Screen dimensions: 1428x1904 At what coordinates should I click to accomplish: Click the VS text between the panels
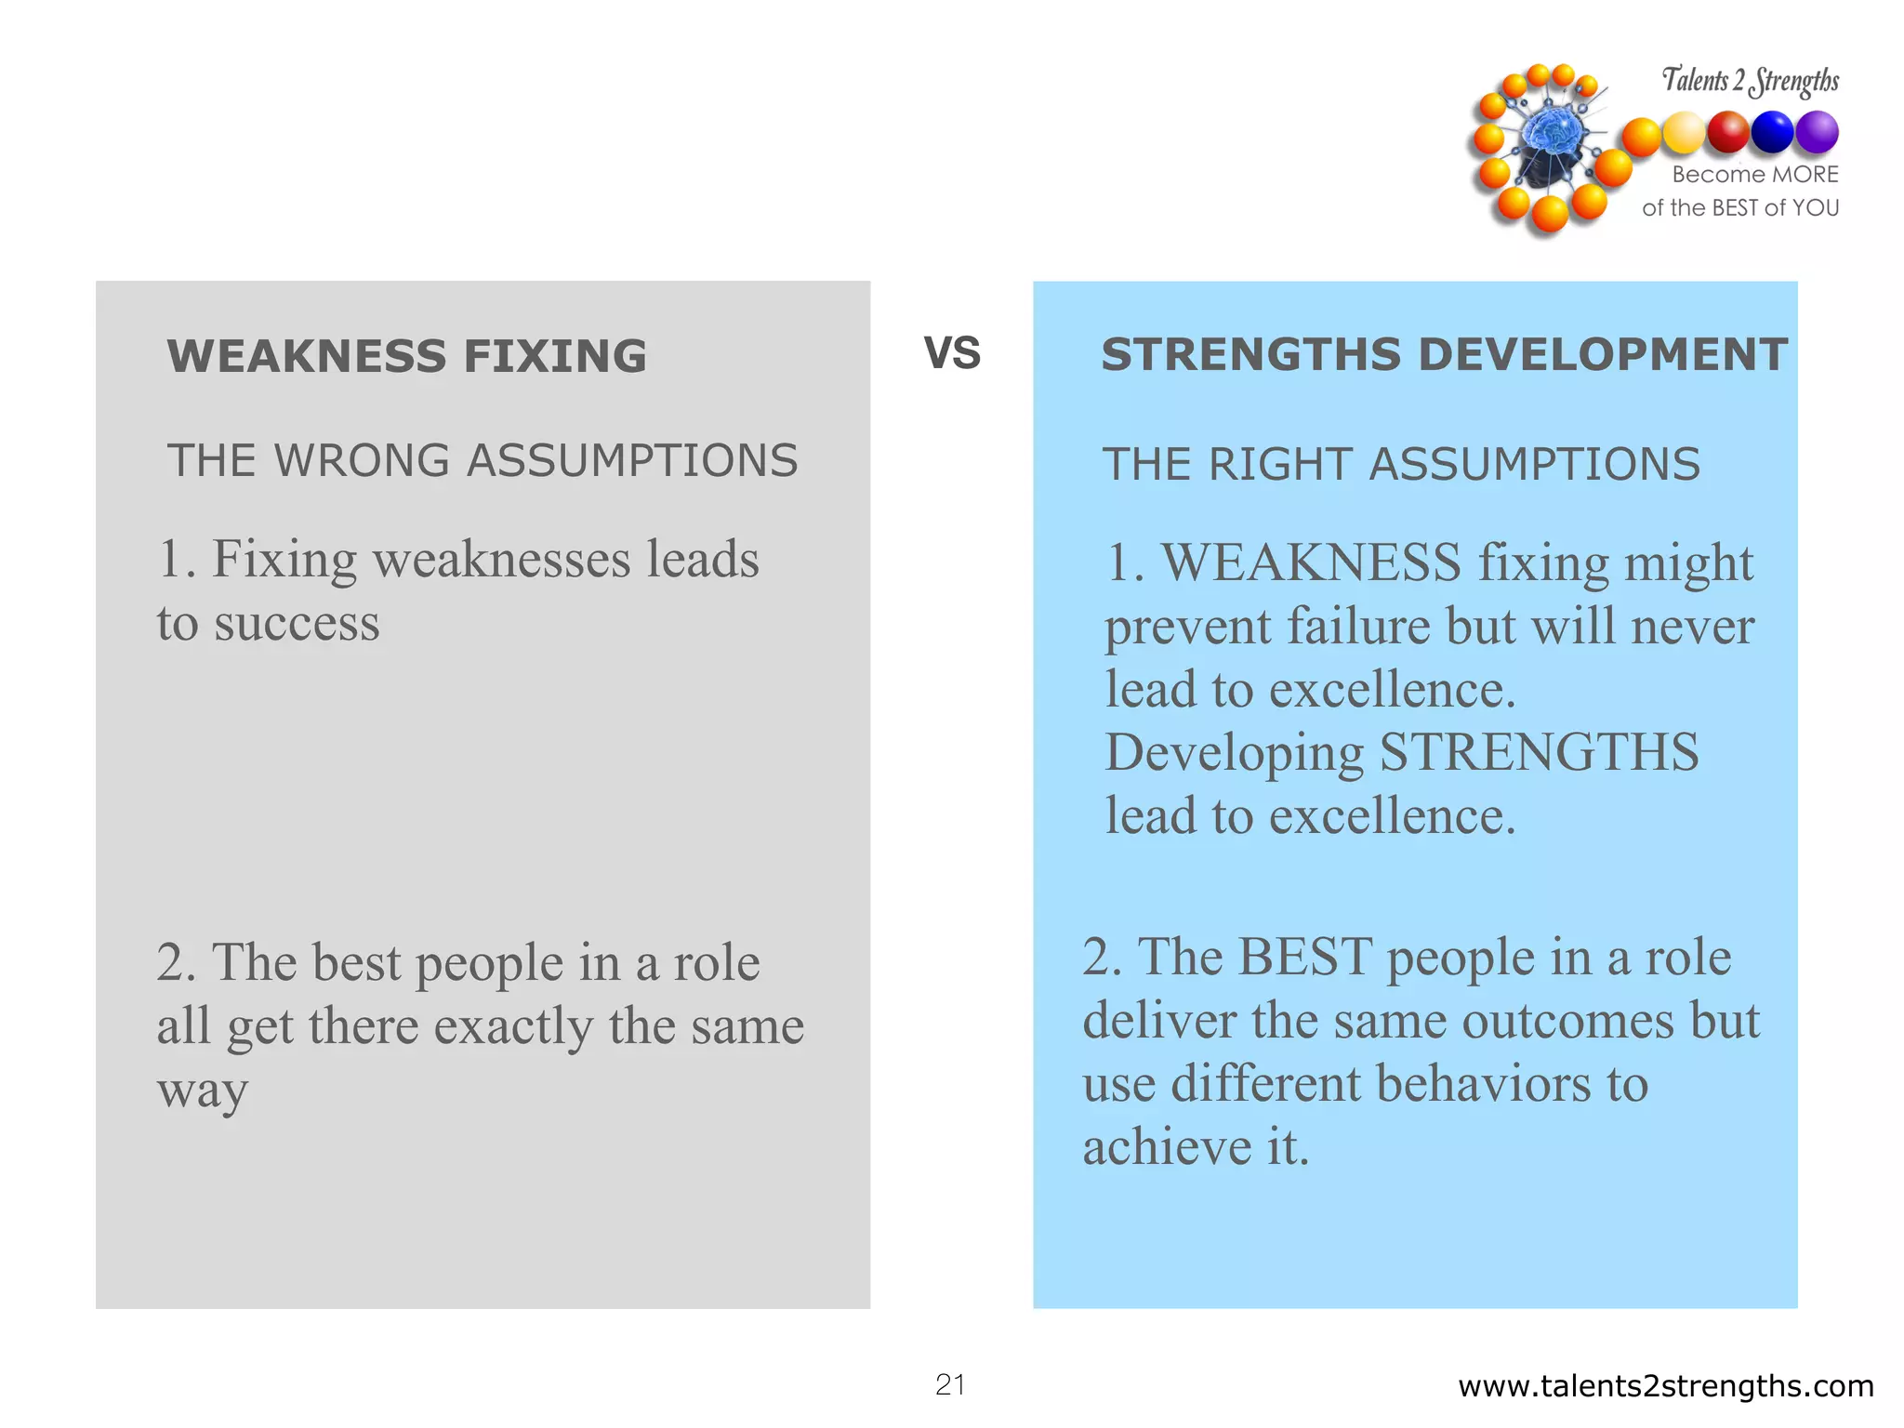coord(952,353)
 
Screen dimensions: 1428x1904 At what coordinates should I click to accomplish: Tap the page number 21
coord(950,1384)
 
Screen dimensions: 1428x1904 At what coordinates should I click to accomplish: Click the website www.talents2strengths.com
coord(1666,1386)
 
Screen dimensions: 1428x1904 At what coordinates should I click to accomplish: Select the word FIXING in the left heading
coord(555,356)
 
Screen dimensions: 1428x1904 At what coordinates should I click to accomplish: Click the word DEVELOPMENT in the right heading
coord(1603,354)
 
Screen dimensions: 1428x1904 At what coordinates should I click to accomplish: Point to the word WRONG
coord(363,460)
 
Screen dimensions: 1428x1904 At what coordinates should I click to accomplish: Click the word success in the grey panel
coord(297,623)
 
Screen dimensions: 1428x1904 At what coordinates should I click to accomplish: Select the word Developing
coord(1234,753)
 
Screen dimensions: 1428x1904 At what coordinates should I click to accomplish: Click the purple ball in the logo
coord(1817,132)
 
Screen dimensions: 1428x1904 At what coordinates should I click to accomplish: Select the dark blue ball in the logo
coord(1772,132)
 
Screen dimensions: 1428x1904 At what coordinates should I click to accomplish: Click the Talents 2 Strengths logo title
coord(1750,81)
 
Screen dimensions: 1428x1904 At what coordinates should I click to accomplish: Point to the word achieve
coord(1167,1146)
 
